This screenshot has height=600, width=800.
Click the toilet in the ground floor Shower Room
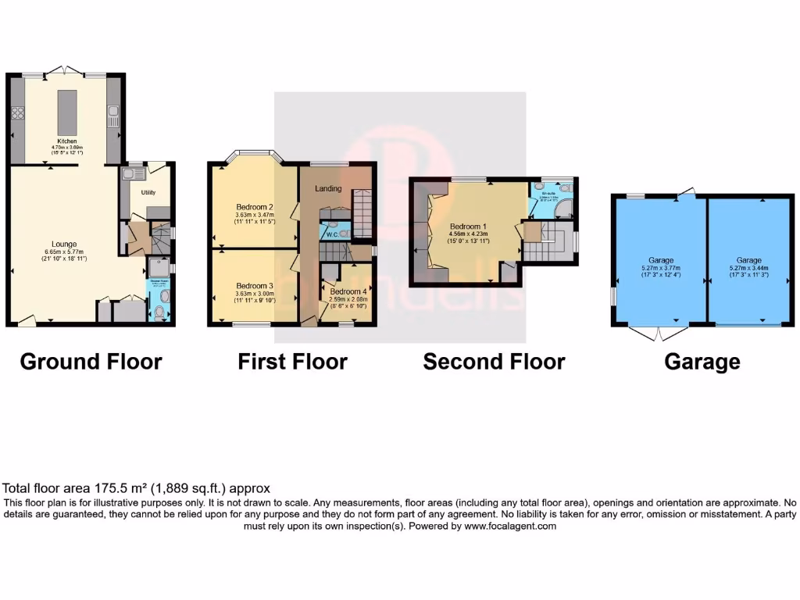tap(160, 313)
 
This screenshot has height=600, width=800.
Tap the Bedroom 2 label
tap(253, 207)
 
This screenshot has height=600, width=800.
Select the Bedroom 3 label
tap(253, 286)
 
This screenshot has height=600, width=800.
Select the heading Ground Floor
tap(91, 362)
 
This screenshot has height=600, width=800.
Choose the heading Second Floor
tap(494, 362)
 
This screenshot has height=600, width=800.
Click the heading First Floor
tap(292, 362)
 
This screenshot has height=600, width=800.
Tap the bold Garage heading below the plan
tap(702, 362)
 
